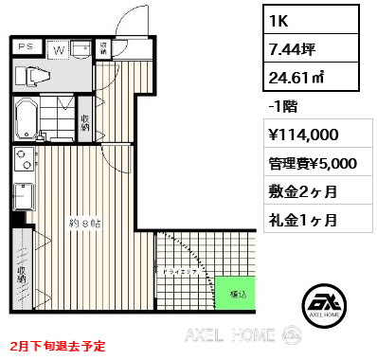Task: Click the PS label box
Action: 27,45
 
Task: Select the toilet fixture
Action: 36,77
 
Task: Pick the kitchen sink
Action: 22,197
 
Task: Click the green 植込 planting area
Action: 232,294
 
